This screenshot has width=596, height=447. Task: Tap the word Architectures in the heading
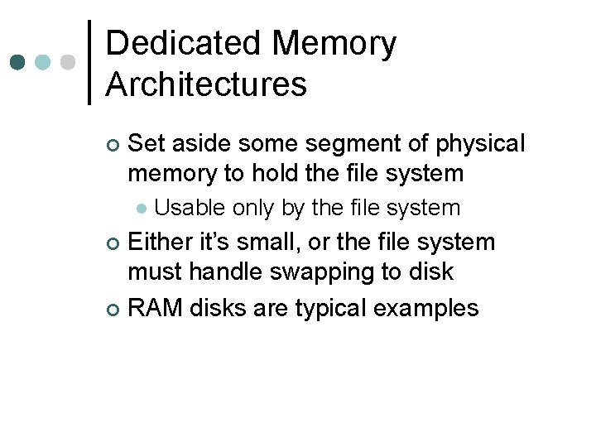[x=206, y=84]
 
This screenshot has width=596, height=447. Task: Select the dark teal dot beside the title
[x=17, y=62]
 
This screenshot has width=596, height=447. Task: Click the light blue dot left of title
[x=43, y=62]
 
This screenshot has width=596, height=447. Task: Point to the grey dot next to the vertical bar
[x=69, y=62]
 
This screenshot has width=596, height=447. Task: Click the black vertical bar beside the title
[x=89, y=62]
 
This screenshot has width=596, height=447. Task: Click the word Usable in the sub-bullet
[x=190, y=207]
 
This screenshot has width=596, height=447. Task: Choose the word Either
[x=166, y=243]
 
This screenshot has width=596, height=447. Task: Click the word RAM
[x=156, y=308]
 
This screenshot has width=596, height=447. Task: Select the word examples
[x=426, y=309]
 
